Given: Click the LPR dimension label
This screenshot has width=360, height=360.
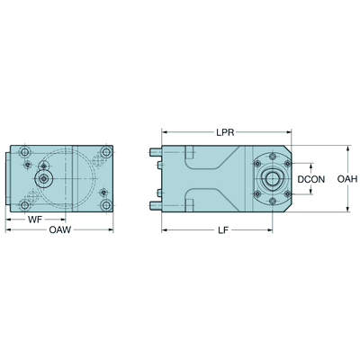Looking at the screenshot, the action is pos(225,132).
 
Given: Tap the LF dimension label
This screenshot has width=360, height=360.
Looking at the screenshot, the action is pos(223,230).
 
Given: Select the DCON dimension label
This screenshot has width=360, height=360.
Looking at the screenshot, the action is pos(311,179).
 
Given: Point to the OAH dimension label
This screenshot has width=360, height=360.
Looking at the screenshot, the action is pos(347,179).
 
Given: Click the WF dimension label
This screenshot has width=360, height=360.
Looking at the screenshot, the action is pos(35,220).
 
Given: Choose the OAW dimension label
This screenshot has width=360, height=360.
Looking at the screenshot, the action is pos(60,230).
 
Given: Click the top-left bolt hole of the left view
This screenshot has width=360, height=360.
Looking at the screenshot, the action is pos(25,152).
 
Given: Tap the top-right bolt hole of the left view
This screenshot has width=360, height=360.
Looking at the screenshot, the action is pos(106,152).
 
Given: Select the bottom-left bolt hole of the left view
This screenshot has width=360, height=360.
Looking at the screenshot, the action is pos(25,205).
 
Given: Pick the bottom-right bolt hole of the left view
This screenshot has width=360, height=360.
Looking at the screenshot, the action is pos(106,205).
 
